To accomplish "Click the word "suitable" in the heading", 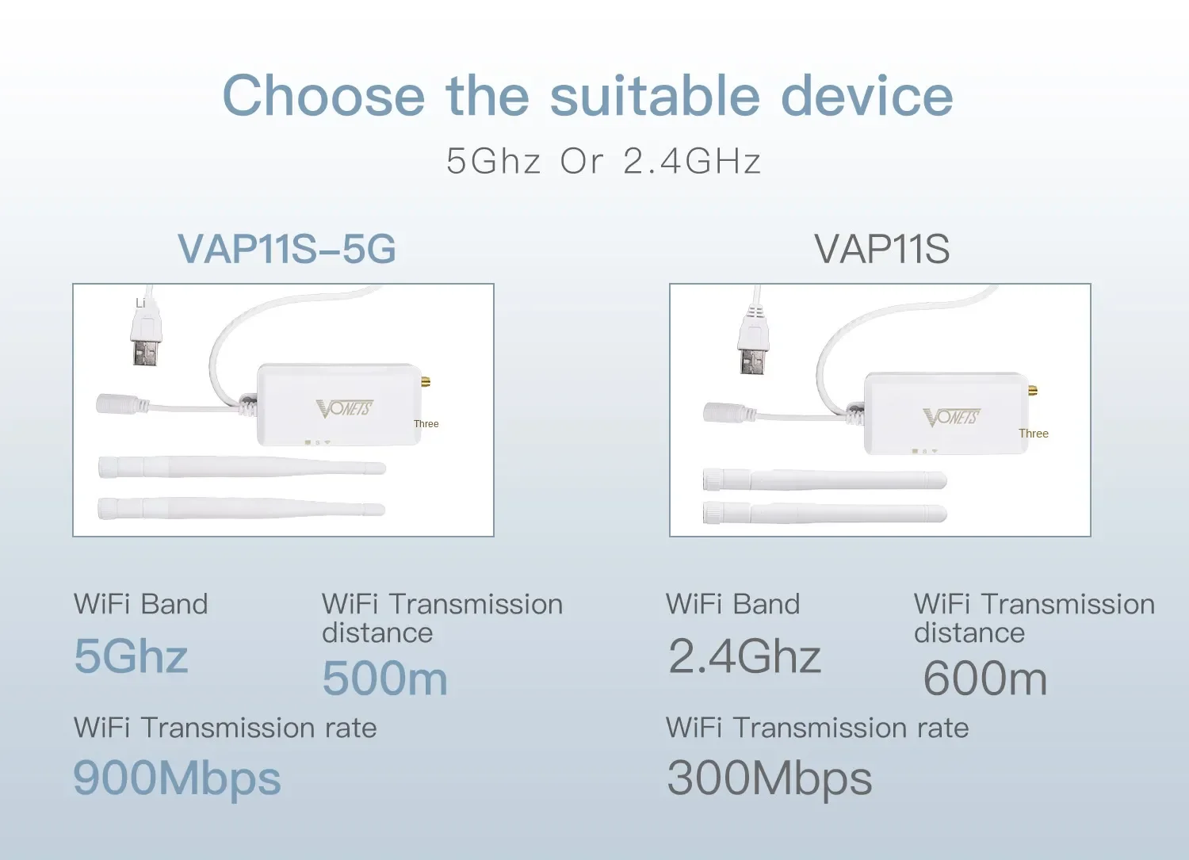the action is click(655, 96).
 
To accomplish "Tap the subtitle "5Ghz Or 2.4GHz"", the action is click(604, 161).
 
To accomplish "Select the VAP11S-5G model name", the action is click(287, 248).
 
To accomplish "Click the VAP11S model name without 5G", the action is click(881, 248).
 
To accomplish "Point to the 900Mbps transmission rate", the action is click(177, 779).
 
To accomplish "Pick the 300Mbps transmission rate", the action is click(769, 779).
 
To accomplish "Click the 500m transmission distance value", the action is click(384, 678).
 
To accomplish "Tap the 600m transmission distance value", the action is click(985, 678).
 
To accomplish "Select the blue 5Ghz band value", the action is click(131, 656).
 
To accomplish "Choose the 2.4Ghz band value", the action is click(745, 656).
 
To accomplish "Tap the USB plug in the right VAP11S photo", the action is click(753, 341).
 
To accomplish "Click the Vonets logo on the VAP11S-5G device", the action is click(345, 409).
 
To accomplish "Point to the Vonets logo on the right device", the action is click(952, 417).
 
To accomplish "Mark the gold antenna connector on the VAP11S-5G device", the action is click(426, 382).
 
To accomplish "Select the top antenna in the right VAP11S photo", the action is click(825, 480).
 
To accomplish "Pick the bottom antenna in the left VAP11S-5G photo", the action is click(242, 509).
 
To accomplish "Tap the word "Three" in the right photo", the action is click(1034, 434).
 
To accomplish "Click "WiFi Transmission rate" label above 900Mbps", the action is click(225, 728).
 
